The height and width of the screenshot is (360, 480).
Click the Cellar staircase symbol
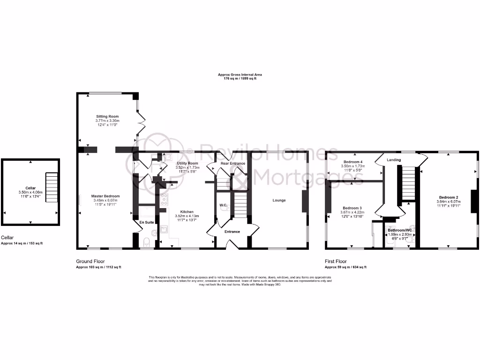pyautogui.click(x=51, y=187)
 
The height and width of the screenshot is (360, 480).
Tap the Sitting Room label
pyautogui.click(x=107, y=116)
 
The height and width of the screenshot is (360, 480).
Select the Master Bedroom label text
pyautogui.click(x=105, y=196)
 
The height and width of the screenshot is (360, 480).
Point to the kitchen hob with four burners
pyautogui.click(x=164, y=200)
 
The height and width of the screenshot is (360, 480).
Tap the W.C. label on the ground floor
pyautogui.click(x=224, y=205)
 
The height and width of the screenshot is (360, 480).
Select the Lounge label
pyautogui.click(x=279, y=200)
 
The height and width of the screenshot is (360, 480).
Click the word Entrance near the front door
pyautogui.click(x=232, y=232)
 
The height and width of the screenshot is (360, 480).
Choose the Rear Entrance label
pyautogui.click(x=233, y=163)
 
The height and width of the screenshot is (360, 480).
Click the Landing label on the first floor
pyautogui.click(x=393, y=160)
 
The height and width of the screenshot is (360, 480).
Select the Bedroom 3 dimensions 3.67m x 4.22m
pyautogui.click(x=352, y=212)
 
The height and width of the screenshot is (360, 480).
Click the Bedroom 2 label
pyautogui.click(x=449, y=197)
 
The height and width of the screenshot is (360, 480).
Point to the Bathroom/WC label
pyautogui.click(x=399, y=230)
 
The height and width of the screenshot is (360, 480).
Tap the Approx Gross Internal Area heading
pyautogui.click(x=240, y=75)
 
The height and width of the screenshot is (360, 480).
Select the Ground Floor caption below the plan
pyautogui.click(x=90, y=261)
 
